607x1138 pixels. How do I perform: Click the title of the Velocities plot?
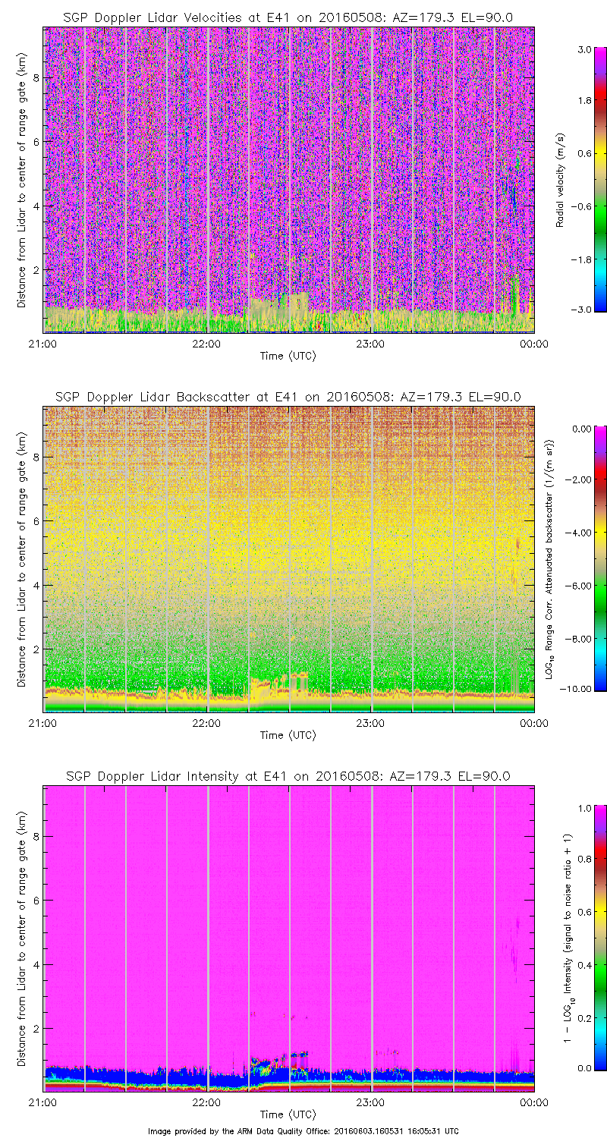pos(288,17)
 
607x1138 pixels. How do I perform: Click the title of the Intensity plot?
pos(288,776)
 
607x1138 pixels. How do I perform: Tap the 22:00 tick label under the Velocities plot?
pos(206,344)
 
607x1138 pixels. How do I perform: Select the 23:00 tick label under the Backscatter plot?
pos(370,723)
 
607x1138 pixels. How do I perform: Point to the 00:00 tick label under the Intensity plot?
pos(534,1102)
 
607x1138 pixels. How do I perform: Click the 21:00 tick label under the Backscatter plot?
pos(42,723)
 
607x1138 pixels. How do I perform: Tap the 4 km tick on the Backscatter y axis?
pos(35,585)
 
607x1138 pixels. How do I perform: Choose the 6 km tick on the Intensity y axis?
pos(35,900)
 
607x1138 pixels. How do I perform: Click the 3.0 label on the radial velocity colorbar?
pos(584,49)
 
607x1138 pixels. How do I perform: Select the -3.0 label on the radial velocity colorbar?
pos(583,310)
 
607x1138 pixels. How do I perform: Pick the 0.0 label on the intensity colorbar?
pos(584,1067)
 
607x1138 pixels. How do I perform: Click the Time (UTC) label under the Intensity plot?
pos(288,1114)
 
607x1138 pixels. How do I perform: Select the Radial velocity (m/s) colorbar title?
pos(560,180)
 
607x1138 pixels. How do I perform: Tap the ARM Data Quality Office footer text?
pos(303,1130)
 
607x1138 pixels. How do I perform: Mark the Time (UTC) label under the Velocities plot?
pos(288,356)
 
